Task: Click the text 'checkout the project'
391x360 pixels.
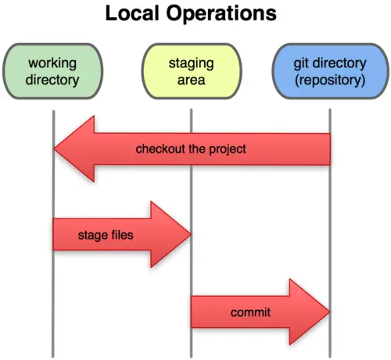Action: coord(191,149)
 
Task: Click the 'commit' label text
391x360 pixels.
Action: coord(250,313)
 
